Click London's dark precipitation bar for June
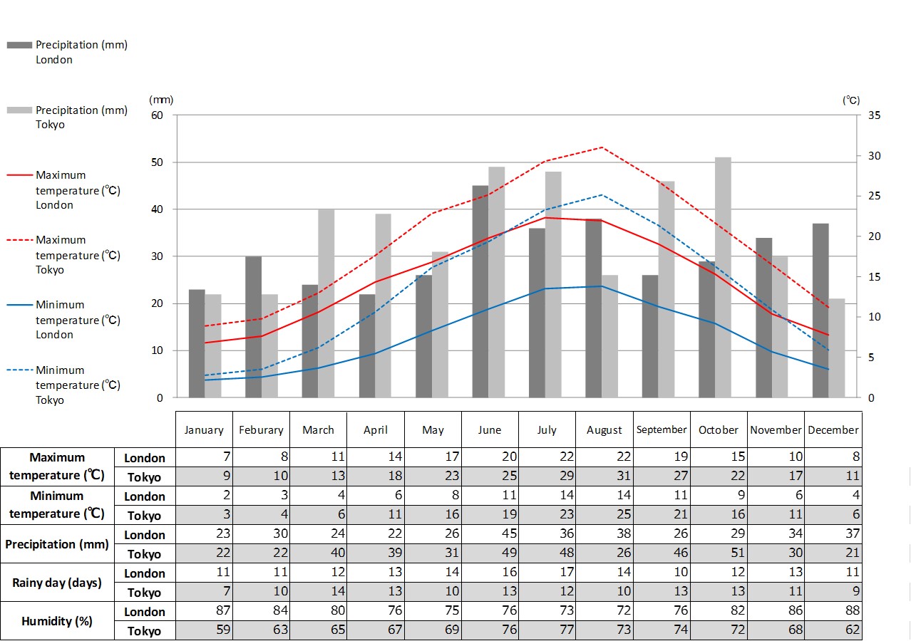[x=480, y=292]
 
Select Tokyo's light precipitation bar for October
[x=723, y=278]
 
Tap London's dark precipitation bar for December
[x=820, y=311]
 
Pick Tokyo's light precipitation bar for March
[x=326, y=303]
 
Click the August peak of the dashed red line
[x=602, y=147]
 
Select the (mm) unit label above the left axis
[x=161, y=100]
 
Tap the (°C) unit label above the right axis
[x=851, y=100]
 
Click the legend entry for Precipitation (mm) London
[x=68, y=52]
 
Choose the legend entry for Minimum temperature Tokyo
[x=68, y=385]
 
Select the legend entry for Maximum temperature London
[x=68, y=190]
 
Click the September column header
[x=662, y=429]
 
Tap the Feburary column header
[x=261, y=430]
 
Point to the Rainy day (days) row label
[x=57, y=583]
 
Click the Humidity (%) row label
[x=57, y=621]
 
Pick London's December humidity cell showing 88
[x=833, y=611]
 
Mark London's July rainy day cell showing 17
[x=547, y=573]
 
